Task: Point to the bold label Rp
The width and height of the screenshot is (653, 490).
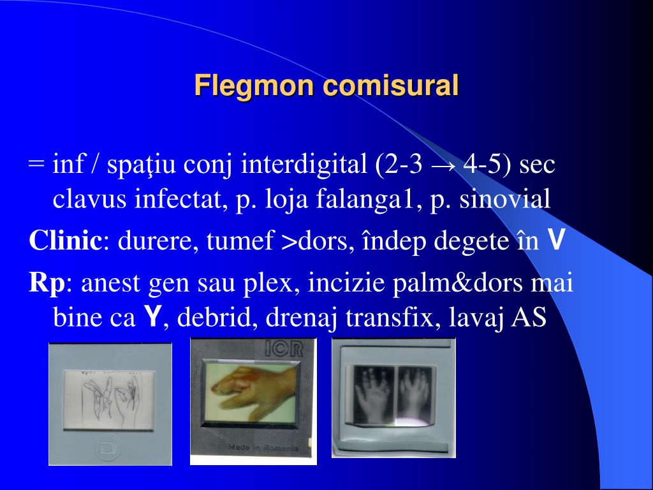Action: [x=46, y=283]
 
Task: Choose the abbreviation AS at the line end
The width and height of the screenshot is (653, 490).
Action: [x=529, y=317]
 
